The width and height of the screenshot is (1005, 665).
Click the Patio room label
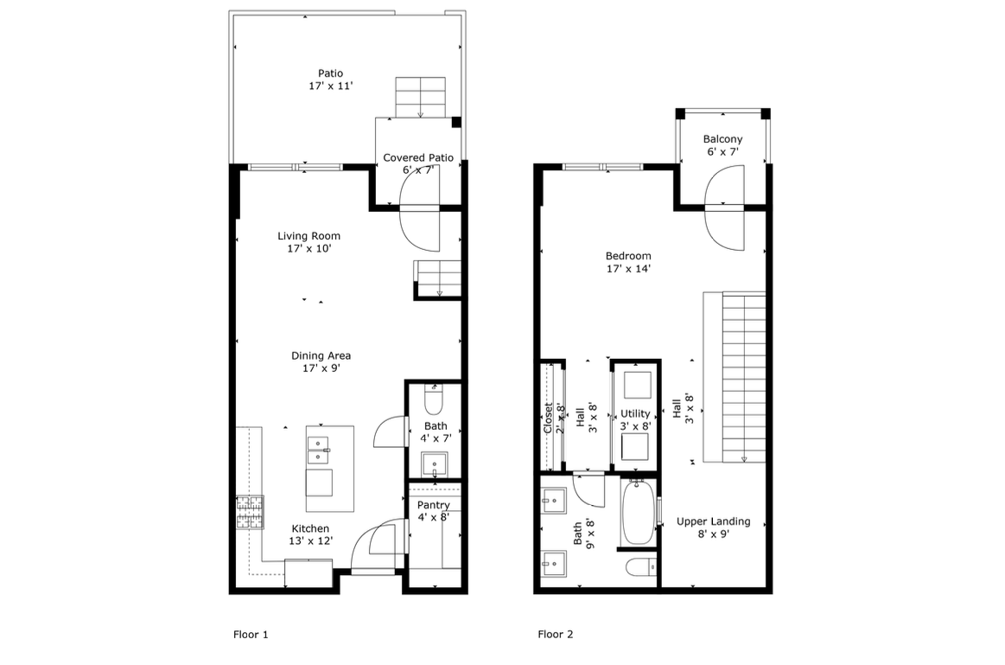330,80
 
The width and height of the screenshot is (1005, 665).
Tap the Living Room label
308,241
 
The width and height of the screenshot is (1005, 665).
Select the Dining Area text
321,361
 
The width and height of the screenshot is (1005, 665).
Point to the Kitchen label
310,534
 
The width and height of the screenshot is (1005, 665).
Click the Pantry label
433,511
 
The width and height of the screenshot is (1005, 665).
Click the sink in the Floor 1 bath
434,464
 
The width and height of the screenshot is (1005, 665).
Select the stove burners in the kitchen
250,511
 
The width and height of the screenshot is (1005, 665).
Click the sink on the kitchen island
318,447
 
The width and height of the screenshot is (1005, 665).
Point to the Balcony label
722,145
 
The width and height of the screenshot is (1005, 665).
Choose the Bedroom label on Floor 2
628,262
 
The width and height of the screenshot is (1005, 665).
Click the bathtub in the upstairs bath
638,512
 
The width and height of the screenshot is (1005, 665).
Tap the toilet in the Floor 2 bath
640,568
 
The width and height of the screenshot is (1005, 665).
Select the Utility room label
635,419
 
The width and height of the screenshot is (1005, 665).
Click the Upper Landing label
713,528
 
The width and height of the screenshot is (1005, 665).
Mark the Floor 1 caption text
251,634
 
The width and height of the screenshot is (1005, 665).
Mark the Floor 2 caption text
556,634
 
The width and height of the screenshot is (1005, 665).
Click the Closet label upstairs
548,418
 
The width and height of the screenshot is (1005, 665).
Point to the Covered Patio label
418,163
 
